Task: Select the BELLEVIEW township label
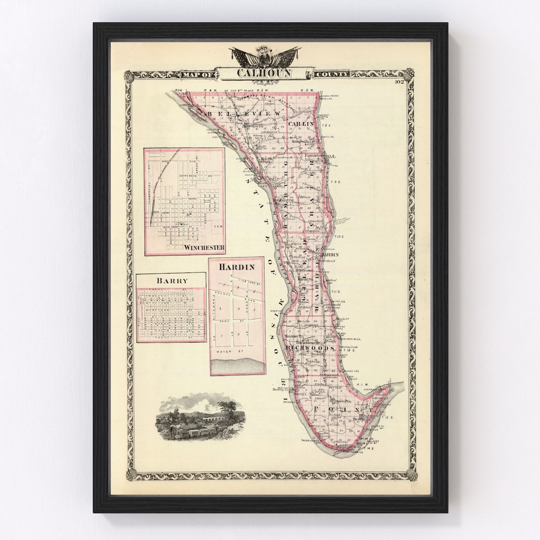pos(242,114)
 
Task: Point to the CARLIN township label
pos(301,123)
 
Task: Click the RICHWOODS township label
pos(310,347)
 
